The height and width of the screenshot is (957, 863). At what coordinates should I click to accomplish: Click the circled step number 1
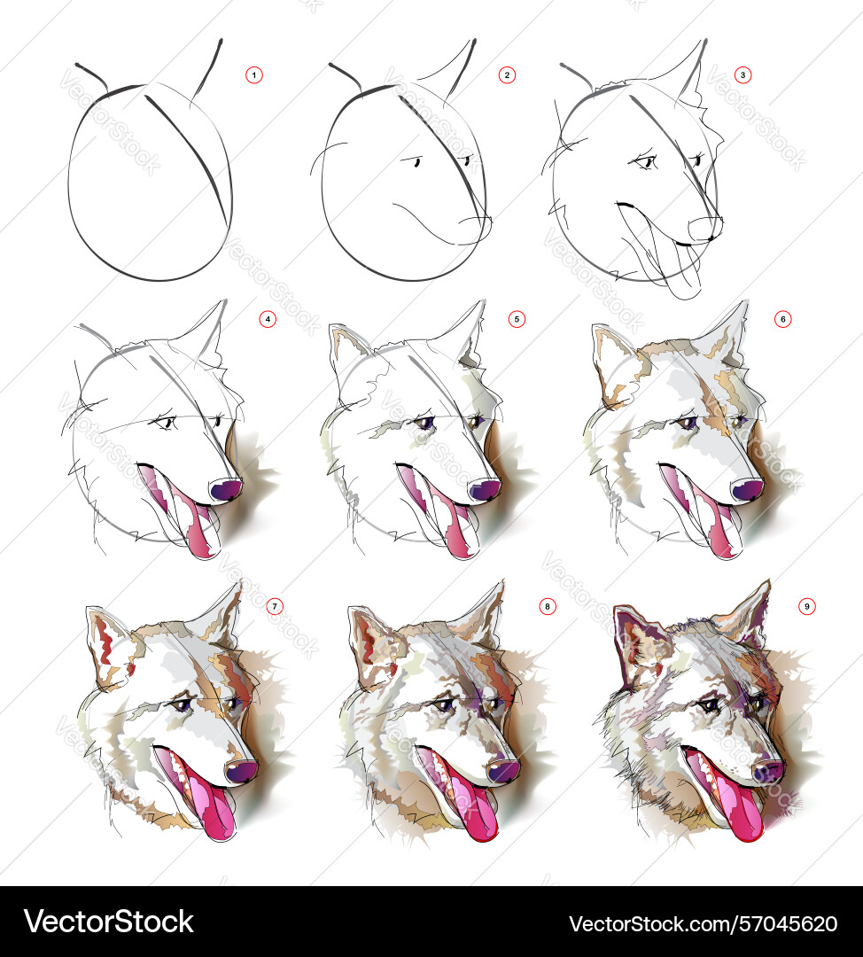coord(254,75)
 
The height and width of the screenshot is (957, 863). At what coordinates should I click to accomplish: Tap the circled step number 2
coord(507,75)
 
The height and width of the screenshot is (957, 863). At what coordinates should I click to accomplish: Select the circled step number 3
coord(742,75)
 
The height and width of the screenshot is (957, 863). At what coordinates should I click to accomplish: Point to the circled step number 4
coord(268,319)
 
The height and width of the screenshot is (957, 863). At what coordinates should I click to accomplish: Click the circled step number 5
coord(517,319)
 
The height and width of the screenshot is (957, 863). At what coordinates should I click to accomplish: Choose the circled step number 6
coord(783,319)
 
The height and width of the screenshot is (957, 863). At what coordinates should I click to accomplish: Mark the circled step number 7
coord(275,606)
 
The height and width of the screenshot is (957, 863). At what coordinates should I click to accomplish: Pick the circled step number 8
coord(548,606)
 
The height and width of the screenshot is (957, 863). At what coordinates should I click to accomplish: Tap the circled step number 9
coord(807,606)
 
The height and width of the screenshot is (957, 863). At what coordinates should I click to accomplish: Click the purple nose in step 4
coord(225,489)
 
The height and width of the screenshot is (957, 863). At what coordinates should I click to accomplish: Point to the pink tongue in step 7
coord(213,805)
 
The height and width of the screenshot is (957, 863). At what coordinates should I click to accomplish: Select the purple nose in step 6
coord(748,489)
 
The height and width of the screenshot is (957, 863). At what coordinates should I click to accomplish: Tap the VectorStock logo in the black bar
coord(109,922)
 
